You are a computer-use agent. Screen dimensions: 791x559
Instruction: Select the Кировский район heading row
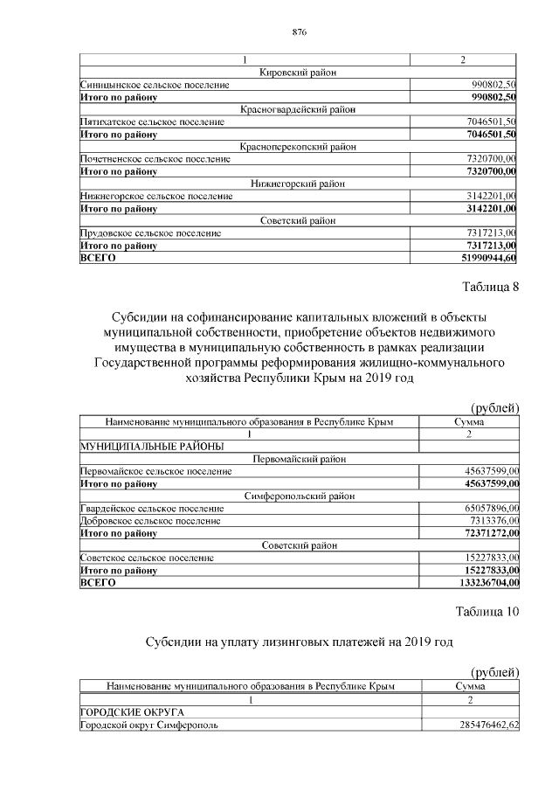[x=299, y=73]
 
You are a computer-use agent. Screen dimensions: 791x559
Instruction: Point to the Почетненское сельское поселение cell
[x=155, y=159]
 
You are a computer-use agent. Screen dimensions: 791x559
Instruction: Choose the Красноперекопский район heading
[x=299, y=147]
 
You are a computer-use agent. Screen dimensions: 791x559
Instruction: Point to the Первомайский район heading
[x=299, y=459]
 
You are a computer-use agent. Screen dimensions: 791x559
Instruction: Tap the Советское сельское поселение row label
[x=147, y=557]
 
